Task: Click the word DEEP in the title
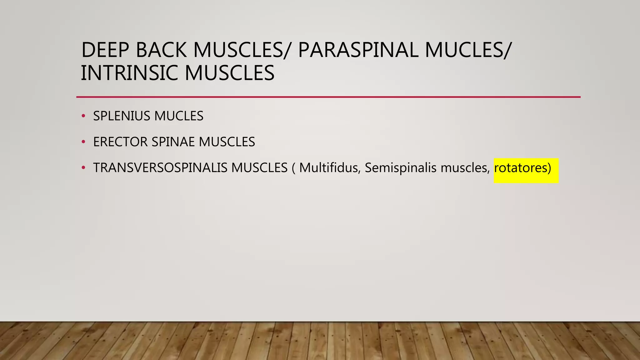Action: pos(105,50)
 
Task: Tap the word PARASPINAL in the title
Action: pos(358,50)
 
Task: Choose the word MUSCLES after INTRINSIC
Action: pos(229,73)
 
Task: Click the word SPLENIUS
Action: pos(122,116)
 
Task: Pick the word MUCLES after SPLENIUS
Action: pos(179,116)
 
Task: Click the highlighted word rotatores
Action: pos(520,168)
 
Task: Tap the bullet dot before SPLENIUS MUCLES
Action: pos(83,116)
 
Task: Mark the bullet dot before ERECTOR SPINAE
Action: pos(83,142)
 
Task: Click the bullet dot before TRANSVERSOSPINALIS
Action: pos(83,168)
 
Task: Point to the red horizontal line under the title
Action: pos(328,97)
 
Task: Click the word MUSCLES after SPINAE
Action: pos(227,142)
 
